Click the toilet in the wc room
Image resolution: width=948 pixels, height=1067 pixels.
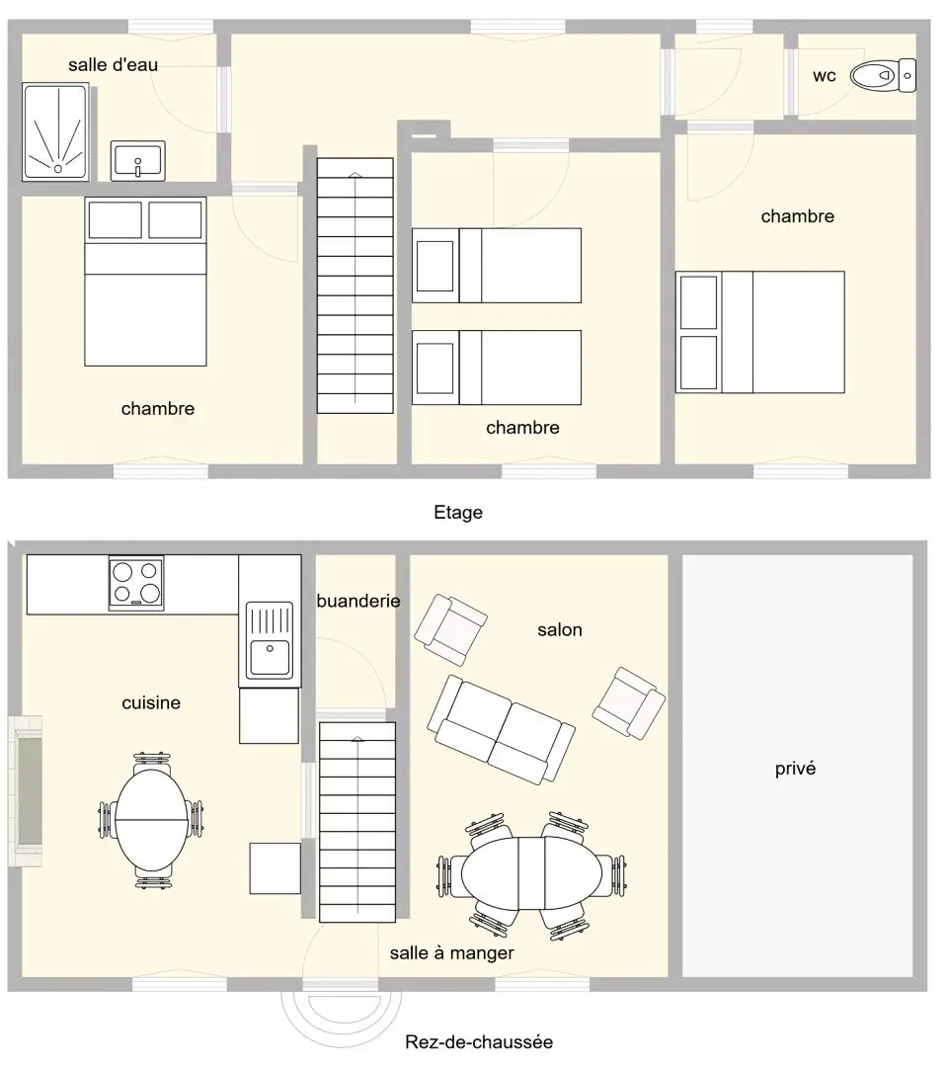click(x=884, y=75)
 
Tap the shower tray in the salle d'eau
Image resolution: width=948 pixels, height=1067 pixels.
click(x=55, y=132)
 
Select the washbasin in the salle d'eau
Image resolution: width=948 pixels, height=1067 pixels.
click(x=138, y=161)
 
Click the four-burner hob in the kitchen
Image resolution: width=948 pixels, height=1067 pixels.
click(x=136, y=583)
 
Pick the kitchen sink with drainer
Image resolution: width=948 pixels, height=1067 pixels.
click(x=270, y=640)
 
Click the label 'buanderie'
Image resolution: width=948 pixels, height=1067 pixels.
click(x=358, y=601)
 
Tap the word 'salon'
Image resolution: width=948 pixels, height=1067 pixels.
click(x=560, y=630)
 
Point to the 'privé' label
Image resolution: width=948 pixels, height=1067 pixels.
click(x=795, y=769)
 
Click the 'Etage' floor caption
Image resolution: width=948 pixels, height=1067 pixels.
click(x=458, y=513)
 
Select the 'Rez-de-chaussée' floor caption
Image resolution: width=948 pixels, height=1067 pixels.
click(x=479, y=1042)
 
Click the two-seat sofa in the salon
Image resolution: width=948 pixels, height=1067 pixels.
click(x=502, y=729)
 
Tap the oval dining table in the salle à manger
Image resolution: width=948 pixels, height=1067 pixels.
click(x=532, y=873)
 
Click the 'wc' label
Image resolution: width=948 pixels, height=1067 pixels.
click(x=825, y=76)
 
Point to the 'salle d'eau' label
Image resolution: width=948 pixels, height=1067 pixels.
click(x=113, y=65)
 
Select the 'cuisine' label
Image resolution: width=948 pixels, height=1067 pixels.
click(x=151, y=703)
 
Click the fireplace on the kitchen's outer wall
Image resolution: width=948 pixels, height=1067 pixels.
click(x=26, y=790)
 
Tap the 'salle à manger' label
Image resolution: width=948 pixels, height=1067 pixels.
click(x=451, y=953)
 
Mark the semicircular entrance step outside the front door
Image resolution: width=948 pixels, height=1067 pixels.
click(x=342, y=1020)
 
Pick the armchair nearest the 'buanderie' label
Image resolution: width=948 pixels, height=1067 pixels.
click(x=451, y=629)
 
